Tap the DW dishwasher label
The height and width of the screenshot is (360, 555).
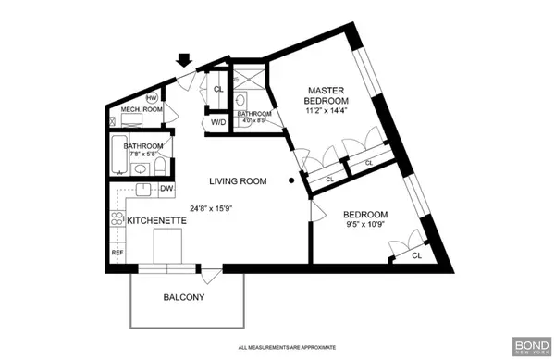click(167, 190)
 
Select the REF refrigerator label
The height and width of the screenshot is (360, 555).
click(118, 252)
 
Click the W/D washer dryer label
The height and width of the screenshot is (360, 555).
click(219, 121)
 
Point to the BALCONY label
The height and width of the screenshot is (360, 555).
click(183, 298)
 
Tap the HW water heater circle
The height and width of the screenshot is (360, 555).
click(152, 95)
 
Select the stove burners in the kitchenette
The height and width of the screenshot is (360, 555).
click(117, 220)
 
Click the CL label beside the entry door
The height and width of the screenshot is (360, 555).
click(218, 90)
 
